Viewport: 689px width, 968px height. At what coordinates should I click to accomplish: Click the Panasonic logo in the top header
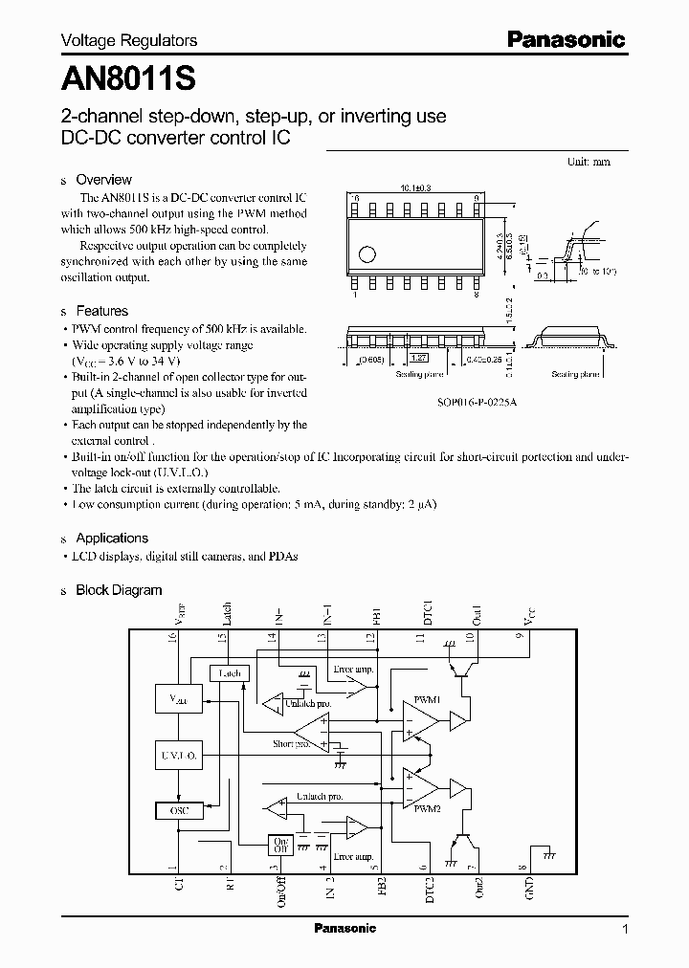(566, 39)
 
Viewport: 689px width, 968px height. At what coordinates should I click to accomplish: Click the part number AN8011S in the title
(129, 76)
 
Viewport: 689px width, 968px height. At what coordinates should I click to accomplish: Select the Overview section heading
(103, 179)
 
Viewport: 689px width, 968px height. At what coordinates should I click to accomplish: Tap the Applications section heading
(112, 538)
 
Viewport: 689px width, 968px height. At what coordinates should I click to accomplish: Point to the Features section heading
(101, 311)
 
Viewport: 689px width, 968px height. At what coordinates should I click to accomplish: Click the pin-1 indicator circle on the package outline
(367, 254)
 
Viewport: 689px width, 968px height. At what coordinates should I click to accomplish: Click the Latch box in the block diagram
(229, 673)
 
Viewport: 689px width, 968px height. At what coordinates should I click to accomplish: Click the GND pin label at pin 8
(530, 888)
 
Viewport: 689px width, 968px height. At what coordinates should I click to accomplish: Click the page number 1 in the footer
(625, 929)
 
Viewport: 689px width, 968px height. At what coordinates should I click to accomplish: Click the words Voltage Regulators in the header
(129, 40)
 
